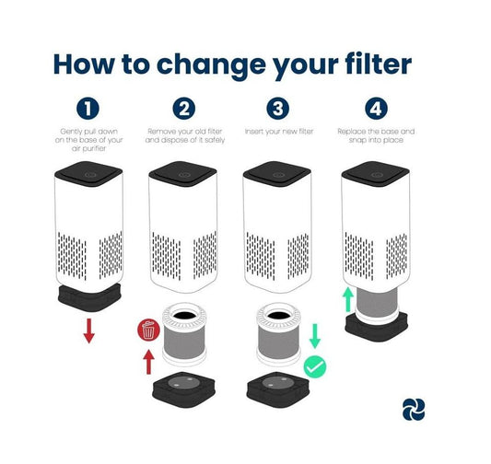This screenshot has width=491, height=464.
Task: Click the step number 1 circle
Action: [x=88, y=109]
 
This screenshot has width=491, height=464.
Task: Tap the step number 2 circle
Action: [x=184, y=109]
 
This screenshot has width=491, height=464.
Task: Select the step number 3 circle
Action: [x=278, y=109]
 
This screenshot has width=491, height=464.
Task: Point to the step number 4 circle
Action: [x=376, y=109]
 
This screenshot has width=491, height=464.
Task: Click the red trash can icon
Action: [x=148, y=331]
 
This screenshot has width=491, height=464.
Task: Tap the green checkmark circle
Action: [x=315, y=367]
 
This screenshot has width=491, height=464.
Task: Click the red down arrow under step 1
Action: [x=89, y=331]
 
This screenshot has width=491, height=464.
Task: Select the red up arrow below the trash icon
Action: [x=148, y=362]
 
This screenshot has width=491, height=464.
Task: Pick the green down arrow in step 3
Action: [x=315, y=336]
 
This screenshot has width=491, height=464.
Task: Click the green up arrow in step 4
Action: [x=348, y=300]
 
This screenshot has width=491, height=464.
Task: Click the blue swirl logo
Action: [x=414, y=410]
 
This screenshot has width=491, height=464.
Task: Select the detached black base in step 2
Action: [x=184, y=389]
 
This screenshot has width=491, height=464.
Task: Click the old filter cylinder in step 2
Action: [x=184, y=334]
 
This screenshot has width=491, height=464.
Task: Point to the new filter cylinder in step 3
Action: [x=279, y=334]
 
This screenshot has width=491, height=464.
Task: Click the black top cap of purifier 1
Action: [x=88, y=174]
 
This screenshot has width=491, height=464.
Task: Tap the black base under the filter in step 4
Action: [x=377, y=326]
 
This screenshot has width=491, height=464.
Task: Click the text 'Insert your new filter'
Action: [x=279, y=132]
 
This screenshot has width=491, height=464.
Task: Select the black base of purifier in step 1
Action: [x=89, y=297]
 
